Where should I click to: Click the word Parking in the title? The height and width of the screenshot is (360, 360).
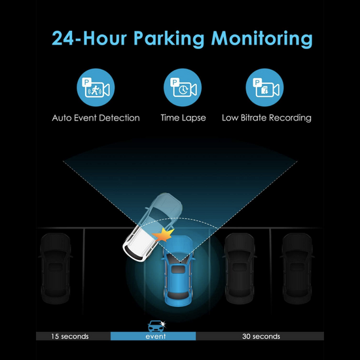pos(169,39)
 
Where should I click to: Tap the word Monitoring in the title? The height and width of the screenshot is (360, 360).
pos(262,39)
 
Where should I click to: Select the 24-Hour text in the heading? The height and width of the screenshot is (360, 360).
pos(89,38)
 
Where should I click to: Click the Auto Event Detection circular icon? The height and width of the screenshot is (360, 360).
pos(96,88)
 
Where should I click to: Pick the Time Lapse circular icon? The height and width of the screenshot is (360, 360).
pos(183,88)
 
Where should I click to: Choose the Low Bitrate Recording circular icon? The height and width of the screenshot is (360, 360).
pos(264,88)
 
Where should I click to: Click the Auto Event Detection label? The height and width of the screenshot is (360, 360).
pos(96,118)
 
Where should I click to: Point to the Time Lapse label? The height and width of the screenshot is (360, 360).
pos(183,118)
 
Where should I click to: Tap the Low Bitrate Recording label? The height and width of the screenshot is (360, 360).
pos(266,118)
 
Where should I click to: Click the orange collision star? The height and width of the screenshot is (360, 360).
pos(163,235)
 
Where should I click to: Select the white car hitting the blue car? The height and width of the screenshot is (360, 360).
pos(153,227)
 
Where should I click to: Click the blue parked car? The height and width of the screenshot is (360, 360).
pos(178,271)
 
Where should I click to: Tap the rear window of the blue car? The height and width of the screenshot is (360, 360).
pos(178,296)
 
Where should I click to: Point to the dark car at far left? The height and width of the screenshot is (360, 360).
pos(56,268)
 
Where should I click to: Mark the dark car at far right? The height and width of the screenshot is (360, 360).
pos(297,268)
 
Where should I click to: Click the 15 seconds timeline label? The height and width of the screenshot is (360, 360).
pos(70,336)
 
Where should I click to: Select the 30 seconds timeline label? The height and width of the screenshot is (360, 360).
pos(261,336)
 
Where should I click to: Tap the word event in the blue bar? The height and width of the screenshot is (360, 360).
pos(155,336)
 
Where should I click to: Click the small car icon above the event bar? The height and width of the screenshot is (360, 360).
pos(156,326)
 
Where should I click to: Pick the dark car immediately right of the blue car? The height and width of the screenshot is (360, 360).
pos(240,268)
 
